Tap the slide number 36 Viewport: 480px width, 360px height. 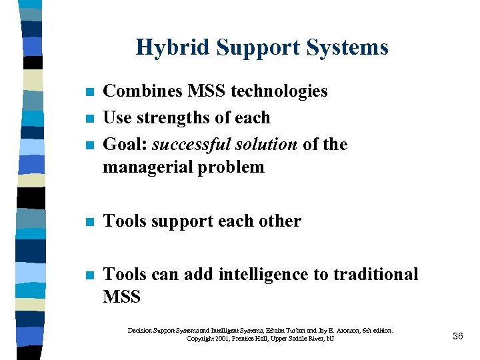457,336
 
